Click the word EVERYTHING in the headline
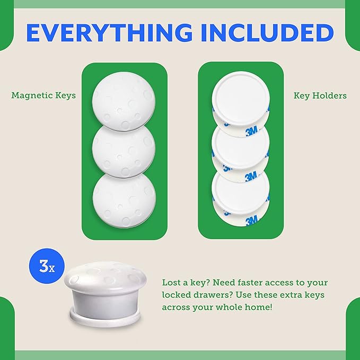pos(109,32)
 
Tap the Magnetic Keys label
pos(43,96)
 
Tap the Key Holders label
pos(320,96)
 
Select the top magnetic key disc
pos(124,98)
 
